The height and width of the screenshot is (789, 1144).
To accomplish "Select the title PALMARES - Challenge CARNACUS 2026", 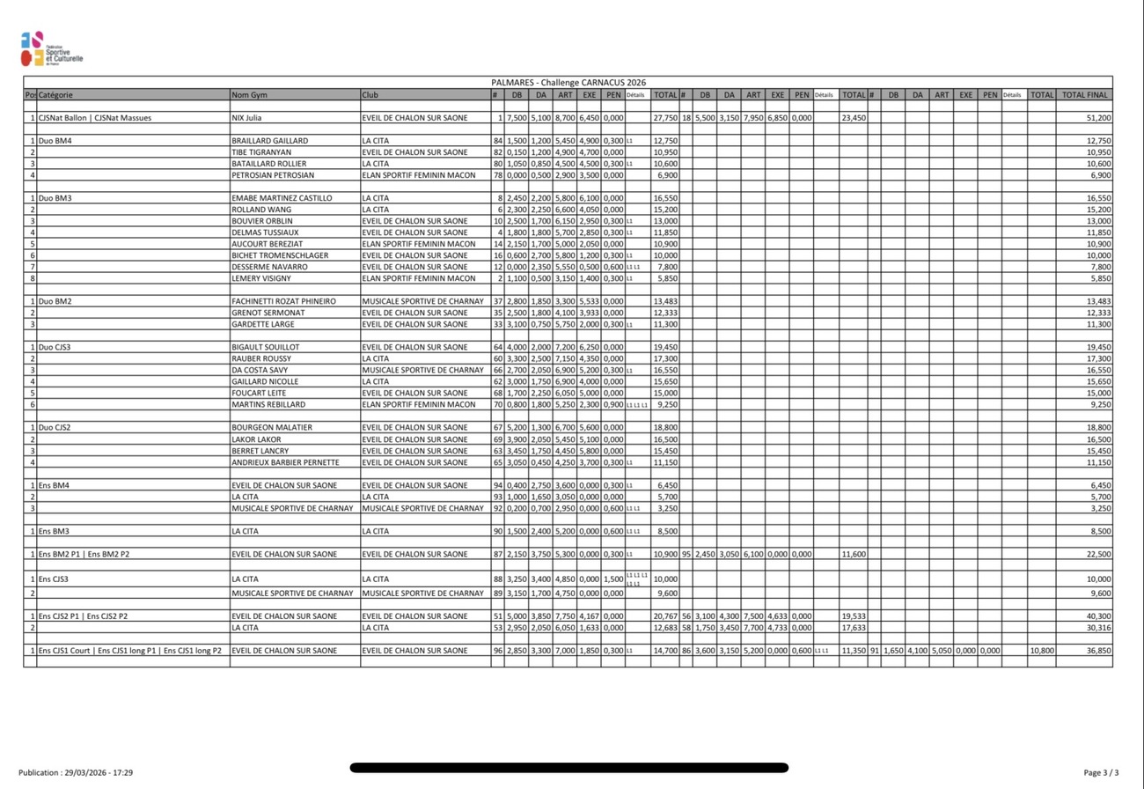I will pos(568,82).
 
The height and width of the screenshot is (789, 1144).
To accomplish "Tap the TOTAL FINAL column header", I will pos(1085,94).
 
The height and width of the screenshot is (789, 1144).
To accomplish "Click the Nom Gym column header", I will pos(249,94).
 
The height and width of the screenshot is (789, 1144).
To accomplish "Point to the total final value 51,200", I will pos(1098,117).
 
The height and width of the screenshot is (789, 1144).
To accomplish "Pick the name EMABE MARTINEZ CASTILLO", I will pos(277,198).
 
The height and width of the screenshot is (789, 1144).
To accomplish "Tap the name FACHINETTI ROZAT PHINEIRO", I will pos(283,301).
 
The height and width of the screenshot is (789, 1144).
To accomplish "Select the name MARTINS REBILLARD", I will pos(268,404).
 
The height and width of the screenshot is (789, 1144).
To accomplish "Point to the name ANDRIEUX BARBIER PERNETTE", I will pos(284,462).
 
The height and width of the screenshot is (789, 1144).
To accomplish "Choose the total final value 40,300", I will pos(1098,616).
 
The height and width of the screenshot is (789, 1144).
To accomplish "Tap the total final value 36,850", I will pos(1098,651).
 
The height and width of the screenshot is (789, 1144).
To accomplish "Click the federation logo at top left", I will pos(50,49).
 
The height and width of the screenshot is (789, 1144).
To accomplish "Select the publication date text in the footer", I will pos(76,772).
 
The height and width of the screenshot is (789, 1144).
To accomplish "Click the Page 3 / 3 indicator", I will pos(1101,772).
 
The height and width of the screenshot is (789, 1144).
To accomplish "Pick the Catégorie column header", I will pos(56,94).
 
